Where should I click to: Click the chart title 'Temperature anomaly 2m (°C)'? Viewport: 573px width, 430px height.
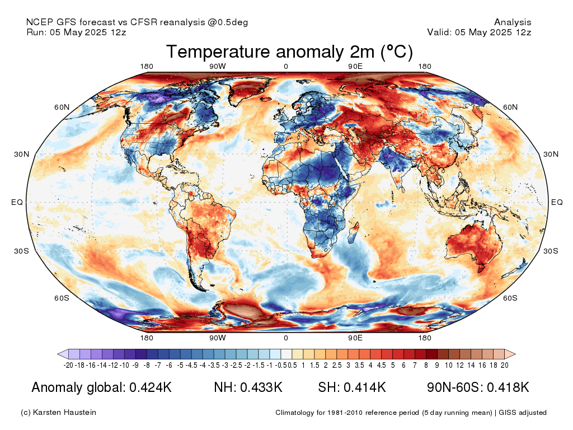(x=289, y=52)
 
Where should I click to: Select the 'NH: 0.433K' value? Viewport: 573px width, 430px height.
(x=248, y=387)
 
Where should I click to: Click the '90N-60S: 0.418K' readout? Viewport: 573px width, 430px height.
(x=477, y=387)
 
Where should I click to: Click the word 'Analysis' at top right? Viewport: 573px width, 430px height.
(x=513, y=22)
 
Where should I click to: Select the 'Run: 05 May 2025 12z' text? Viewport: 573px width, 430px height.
(x=76, y=32)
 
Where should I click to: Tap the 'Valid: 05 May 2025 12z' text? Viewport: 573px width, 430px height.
(x=479, y=32)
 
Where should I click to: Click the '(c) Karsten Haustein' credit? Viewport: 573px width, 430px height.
(x=58, y=413)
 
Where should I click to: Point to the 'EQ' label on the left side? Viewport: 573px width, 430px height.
(x=17, y=202)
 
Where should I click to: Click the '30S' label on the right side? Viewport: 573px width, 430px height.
(x=551, y=251)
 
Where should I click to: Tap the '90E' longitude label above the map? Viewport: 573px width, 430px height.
(x=356, y=67)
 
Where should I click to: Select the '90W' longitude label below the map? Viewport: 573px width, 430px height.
(x=218, y=338)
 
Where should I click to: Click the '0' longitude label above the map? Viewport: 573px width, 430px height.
(x=286, y=67)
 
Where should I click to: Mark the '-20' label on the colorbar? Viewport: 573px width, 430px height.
(x=69, y=366)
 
